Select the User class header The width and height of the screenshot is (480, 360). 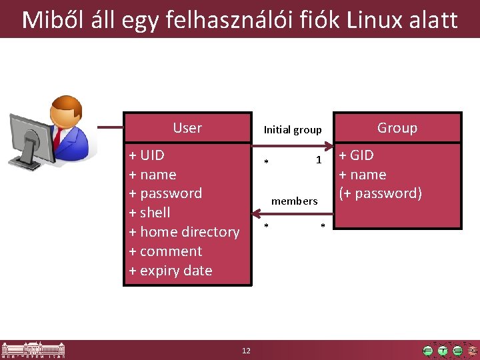click(x=187, y=128)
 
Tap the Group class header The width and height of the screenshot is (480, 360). click(x=397, y=128)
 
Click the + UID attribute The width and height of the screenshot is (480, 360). click(x=147, y=155)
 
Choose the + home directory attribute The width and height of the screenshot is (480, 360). click(x=184, y=232)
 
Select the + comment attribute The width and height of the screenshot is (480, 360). click(x=165, y=251)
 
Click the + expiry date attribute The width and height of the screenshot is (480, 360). click(x=171, y=271)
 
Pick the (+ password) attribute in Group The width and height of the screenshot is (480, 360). click(x=380, y=193)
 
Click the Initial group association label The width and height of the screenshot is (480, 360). click(x=293, y=130)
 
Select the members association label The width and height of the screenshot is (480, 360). click(x=294, y=201)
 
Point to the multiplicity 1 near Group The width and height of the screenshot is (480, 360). click(x=319, y=160)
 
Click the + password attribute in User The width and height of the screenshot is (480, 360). click(x=165, y=193)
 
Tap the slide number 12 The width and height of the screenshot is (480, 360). click(x=246, y=351)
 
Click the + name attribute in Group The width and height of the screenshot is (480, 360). click(x=362, y=175)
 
